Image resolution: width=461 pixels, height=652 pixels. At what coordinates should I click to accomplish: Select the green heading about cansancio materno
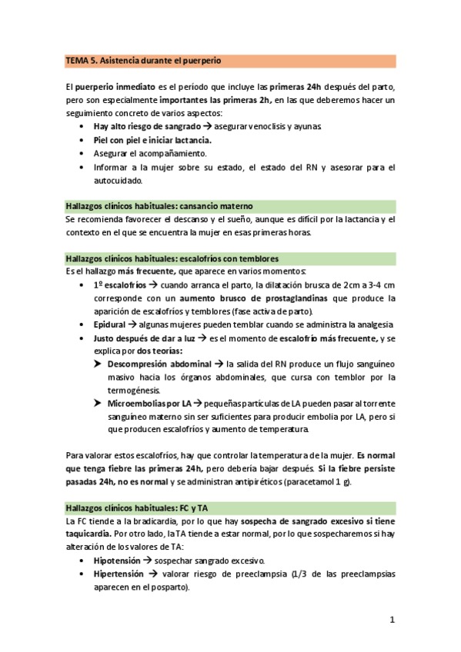click(159, 206)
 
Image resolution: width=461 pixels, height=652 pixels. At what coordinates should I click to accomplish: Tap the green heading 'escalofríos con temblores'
click(172, 258)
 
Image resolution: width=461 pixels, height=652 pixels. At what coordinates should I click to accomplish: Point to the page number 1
click(392, 620)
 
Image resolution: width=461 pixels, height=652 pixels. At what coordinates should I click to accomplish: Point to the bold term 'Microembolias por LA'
click(149, 403)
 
